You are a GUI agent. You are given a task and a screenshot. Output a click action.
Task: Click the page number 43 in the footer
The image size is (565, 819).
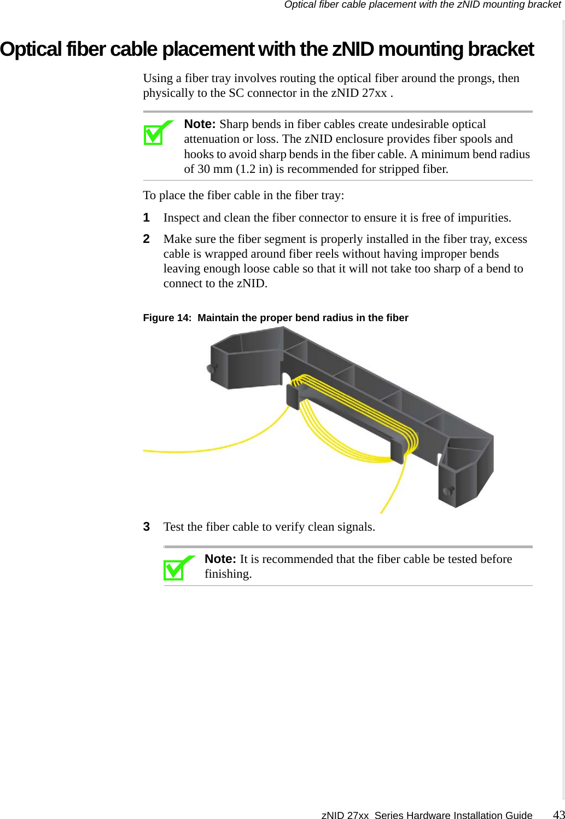click(558, 814)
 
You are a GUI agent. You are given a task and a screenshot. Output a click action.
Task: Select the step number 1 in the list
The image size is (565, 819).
click(147, 218)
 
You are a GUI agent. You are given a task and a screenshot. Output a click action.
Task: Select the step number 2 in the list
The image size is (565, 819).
click(147, 239)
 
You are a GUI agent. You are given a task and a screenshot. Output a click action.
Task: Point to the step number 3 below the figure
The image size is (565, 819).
click(147, 527)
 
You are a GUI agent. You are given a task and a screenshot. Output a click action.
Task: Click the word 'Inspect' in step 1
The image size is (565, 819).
click(181, 218)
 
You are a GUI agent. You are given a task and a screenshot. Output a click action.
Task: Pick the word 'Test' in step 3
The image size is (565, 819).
click(174, 527)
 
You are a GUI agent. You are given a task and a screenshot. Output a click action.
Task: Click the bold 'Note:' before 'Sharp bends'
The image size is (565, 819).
click(200, 124)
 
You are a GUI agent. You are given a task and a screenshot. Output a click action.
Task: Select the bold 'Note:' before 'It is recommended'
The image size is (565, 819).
click(220, 559)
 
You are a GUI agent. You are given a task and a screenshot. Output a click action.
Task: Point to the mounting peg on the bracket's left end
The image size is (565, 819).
click(210, 369)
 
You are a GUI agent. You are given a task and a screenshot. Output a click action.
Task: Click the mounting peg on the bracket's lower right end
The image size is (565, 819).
click(448, 491)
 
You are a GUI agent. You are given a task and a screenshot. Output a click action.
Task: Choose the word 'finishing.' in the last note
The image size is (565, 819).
click(228, 574)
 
